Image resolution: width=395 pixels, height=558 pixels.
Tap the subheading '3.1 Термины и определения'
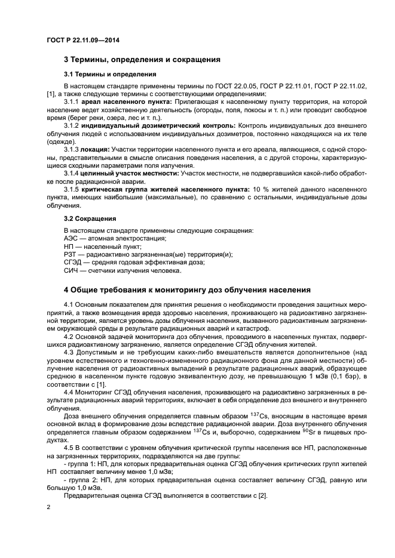point(111,75)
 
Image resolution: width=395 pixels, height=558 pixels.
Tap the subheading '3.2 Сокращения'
point(90,218)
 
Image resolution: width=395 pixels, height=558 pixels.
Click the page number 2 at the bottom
point(48,508)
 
